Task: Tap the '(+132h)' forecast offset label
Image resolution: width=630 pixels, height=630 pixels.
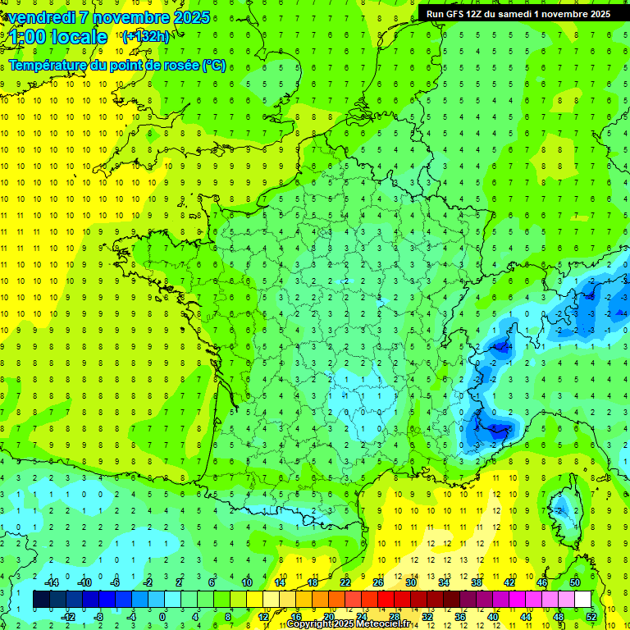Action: (x=145, y=36)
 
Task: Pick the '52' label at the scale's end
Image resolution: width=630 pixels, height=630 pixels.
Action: (x=591, y=616)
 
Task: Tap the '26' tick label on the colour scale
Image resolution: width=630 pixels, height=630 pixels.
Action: (x=378, y=582)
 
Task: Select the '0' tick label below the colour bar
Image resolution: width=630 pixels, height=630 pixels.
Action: (x=162, y=616)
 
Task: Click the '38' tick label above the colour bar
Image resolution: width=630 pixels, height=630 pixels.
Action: (x=476, y=582)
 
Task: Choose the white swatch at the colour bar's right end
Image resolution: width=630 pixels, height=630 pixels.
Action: (x=582, y=599)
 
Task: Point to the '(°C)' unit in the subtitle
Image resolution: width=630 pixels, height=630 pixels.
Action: (x=214, y=66)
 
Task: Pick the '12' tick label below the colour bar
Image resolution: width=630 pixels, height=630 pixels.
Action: (x=264, y=616)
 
